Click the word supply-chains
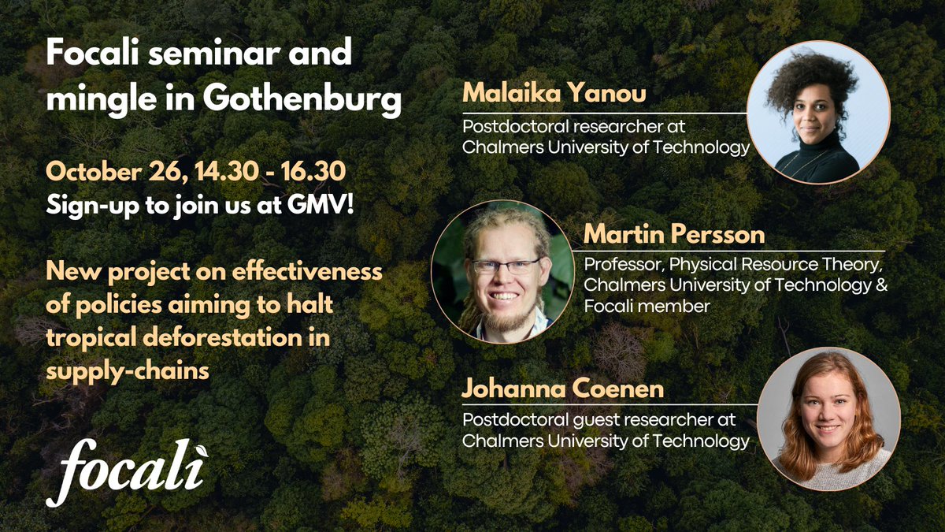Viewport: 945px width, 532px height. (127, 370)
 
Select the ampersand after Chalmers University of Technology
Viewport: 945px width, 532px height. (880, 285)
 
